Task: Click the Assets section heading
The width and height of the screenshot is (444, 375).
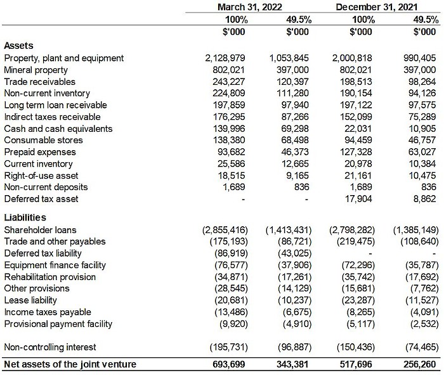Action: point(19,46)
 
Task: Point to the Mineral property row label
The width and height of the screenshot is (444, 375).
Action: point(36,70)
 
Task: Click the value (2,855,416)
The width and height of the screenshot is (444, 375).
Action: point(224,229)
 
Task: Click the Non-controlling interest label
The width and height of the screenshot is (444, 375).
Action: point(50,347)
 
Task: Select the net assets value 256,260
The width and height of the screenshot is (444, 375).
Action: point(419,365)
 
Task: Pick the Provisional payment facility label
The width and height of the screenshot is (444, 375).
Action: point(58,324)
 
